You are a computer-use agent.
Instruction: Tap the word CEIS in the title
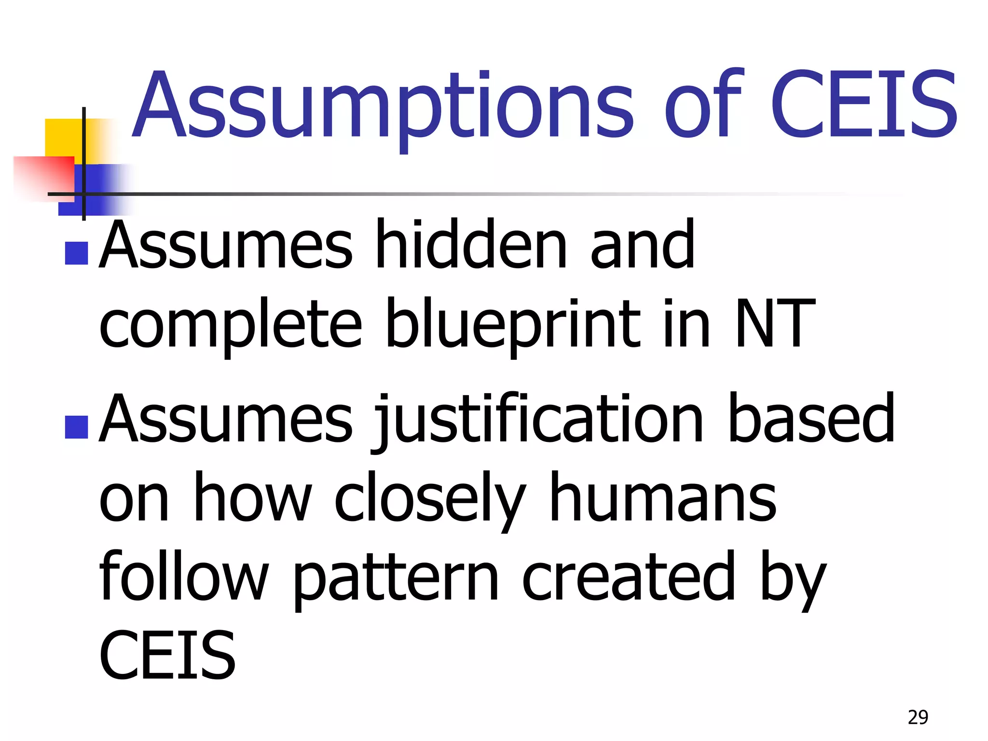(863, 104)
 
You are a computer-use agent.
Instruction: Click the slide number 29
(918, 717)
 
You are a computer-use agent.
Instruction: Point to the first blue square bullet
(76, 253)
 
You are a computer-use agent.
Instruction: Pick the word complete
(230, 326)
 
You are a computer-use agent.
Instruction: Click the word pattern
(396, 579)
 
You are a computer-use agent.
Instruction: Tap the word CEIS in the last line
(167, 655)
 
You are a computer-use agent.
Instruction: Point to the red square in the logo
(43, 176)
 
